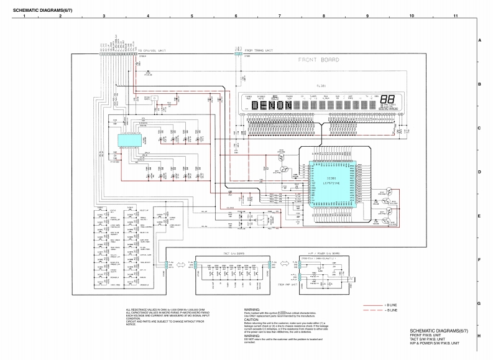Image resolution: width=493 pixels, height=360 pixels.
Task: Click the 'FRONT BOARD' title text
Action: pyautogui.click(x=318, y=60)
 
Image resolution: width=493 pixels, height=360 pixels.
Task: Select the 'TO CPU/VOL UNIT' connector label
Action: pyautogui.click(x=152, y=50)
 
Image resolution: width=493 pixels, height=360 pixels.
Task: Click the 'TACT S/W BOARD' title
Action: pyautogui.click(x=233, y=254)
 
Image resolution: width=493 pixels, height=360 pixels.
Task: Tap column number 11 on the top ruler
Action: pyautogui.click(x=456, y=14)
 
